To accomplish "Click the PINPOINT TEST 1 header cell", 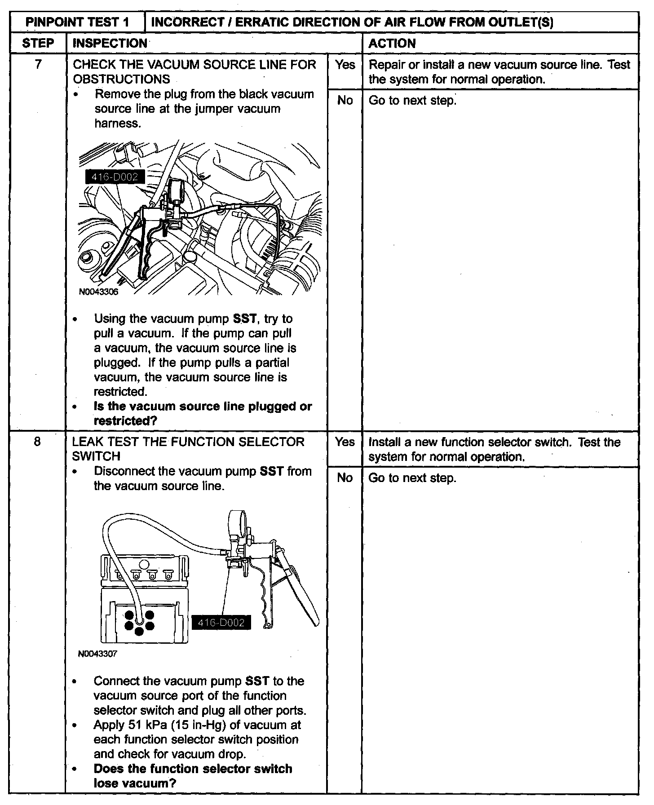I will click(78, 22).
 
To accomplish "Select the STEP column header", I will click(38, 44).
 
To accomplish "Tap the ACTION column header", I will click(392, 44).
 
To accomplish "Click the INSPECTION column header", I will click(110, 44).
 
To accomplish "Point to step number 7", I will click(38, 65).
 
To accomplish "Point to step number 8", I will click(37, 442).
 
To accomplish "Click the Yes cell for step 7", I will click(345, 65).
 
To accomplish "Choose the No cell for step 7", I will click(345, 101).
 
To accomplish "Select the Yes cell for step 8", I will click(345, 442).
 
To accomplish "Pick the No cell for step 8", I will click(345, 478).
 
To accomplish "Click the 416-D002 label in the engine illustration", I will click(115, 177).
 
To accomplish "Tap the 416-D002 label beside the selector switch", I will click(221, 623).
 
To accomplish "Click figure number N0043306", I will click(98, 292).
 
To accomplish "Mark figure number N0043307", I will click(98, 654).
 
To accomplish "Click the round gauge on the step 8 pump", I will click(238, 521).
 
